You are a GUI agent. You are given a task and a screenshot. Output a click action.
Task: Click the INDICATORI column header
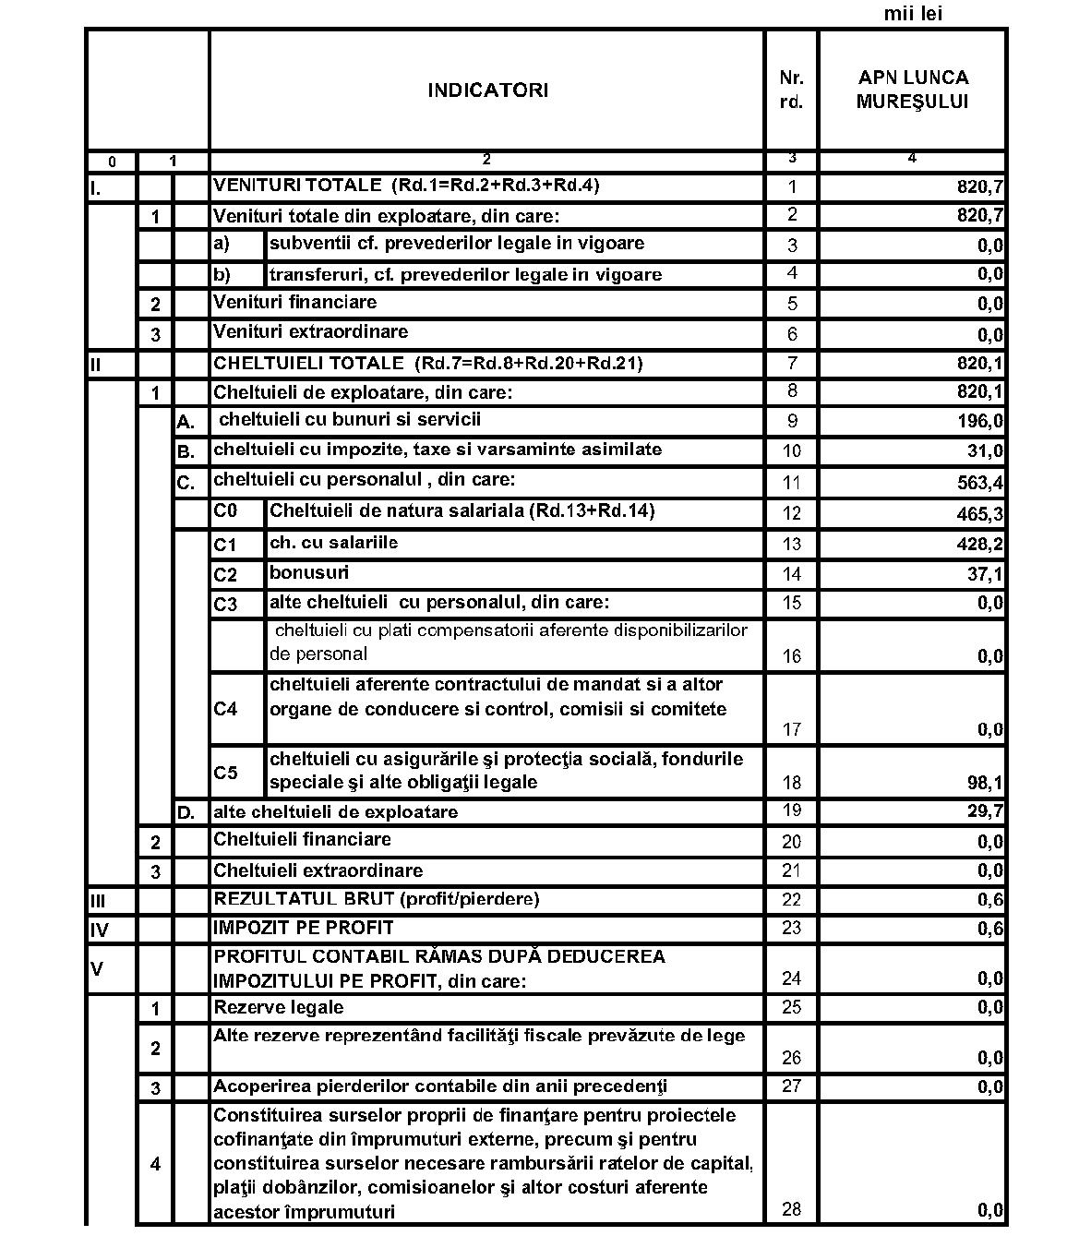point(487,90)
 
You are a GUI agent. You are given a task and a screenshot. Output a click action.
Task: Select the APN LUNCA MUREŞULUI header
point(912,90)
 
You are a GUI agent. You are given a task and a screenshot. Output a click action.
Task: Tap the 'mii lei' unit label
point(913,14)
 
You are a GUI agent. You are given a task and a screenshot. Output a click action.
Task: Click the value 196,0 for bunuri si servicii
point(980,422)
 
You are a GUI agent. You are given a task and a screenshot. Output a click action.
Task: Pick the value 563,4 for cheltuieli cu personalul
point(980,483)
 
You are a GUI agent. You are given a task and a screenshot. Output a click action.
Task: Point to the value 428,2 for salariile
point(980,545)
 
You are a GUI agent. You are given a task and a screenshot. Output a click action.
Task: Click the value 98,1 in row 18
point(985,784)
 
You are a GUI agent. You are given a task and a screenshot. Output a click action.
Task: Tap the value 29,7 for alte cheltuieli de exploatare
point(985,812)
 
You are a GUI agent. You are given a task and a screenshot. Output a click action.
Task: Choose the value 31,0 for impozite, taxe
point(985,452)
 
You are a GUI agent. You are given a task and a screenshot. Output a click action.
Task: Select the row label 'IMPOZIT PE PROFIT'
point(304,928)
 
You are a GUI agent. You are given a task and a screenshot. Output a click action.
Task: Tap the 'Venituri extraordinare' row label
point(310,332)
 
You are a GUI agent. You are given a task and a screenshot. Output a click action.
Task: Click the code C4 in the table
point(226,709)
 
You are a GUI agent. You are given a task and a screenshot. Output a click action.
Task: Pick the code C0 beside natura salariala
point(226,511)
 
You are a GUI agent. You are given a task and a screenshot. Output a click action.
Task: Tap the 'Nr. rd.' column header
point(791,90)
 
